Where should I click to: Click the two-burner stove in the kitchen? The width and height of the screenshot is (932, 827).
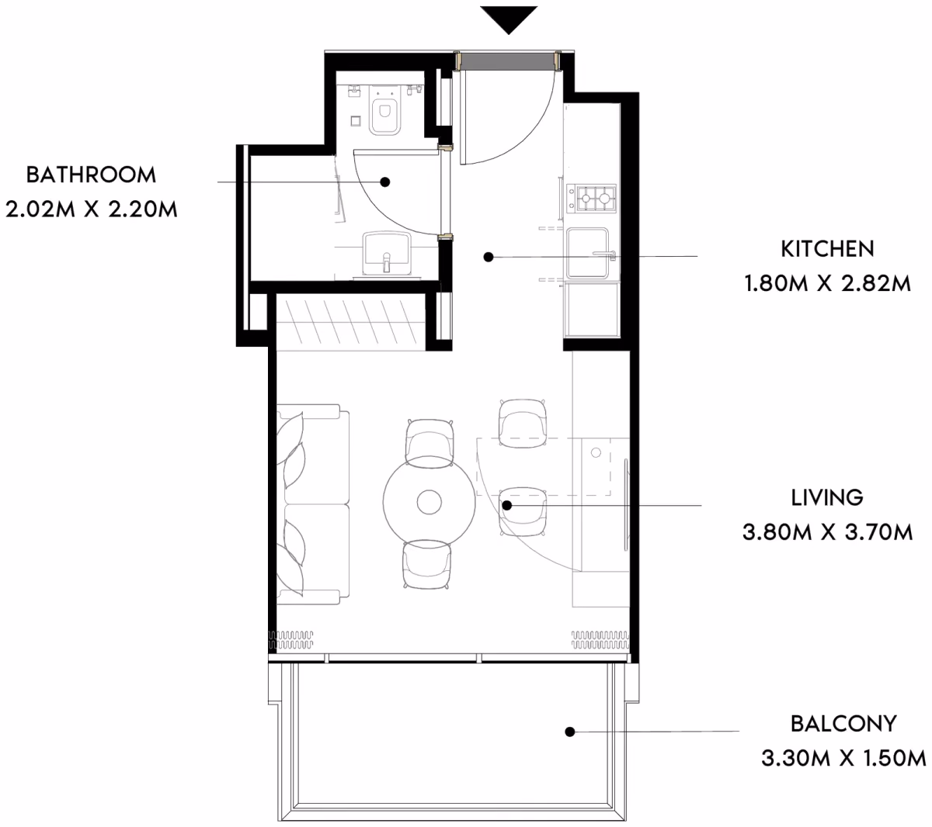591,199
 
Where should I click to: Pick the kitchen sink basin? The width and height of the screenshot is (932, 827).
588,253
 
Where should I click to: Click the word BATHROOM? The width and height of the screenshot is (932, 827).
91,175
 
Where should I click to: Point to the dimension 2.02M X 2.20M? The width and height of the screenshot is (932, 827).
91,209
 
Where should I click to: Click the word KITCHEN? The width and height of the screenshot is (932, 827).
827,249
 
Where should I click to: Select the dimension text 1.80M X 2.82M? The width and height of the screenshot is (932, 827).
827,283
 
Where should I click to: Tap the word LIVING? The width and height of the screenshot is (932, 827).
827,497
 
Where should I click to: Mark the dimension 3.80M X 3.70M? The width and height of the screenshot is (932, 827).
827,532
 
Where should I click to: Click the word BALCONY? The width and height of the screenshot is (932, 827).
843,724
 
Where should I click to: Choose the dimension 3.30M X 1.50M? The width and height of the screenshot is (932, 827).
843,759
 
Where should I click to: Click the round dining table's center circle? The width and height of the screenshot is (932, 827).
429,502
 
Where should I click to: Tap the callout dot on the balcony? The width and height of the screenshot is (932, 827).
570,732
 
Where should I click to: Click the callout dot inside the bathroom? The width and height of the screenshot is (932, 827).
385,182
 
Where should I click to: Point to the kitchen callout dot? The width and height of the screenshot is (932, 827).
489,257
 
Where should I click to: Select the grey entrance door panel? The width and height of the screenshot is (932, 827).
508,61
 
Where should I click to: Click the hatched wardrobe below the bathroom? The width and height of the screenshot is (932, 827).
350,322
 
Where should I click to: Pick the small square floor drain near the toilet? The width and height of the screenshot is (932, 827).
356,121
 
